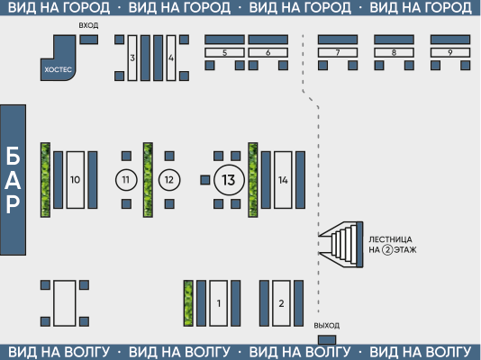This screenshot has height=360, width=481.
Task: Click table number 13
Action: [x=229, y=180]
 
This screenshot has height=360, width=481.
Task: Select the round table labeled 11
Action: [x=126, y=180]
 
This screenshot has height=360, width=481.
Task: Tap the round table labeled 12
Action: [x=169, y=180]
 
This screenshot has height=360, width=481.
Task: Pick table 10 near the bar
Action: [x=76, y=180]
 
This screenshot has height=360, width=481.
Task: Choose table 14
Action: [x=283, y=180]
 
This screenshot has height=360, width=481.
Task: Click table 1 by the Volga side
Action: [x=219, y=303]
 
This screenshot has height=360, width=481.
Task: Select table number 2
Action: [x=281, y=303]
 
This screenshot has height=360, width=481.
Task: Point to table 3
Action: [x=132, y=58]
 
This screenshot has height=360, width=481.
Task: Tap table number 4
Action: [x=171, y=58]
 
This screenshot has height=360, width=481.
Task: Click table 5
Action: [x=224, y=52]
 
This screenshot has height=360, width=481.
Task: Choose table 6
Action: [x=268, y=52]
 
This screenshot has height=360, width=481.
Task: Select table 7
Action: [x=338, y=52]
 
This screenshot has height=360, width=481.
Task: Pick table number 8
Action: [x=395, y=52]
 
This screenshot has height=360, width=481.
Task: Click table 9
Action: [x=450, y=52]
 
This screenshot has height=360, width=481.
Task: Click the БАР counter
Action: [x=13, y=180]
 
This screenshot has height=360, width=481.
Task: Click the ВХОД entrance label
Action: [x=88, y=25]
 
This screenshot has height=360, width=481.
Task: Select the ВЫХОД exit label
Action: [x=327, y=326]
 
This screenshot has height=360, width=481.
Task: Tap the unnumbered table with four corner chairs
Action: [x=65, y=303]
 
